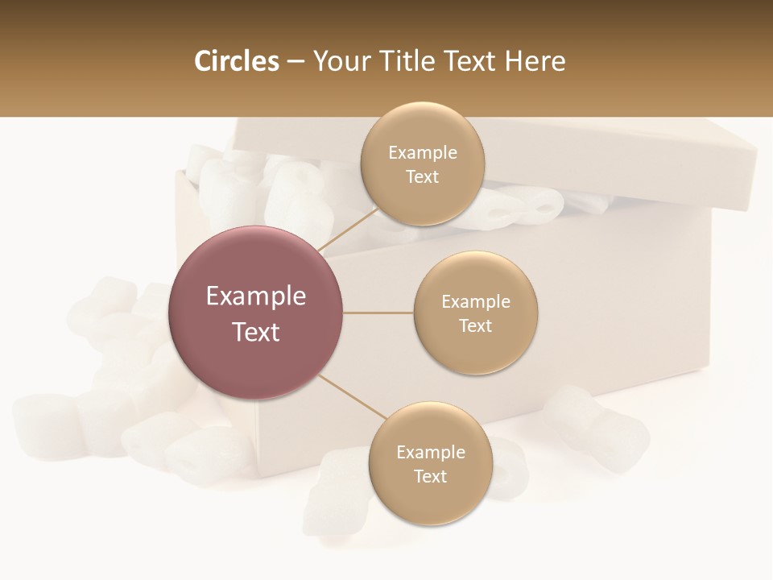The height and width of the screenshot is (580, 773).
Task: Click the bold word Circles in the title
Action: tap(236, 61)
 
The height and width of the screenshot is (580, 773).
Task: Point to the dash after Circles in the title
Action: tap(296, 62)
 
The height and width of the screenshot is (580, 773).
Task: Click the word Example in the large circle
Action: tap(256, 296)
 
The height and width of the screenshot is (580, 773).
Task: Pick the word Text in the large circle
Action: tap(256, 332)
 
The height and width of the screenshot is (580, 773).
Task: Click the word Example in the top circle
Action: tap(423, 153)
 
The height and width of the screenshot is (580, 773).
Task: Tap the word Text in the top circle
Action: tap(423, 176)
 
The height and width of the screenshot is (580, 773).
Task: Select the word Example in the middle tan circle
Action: tap(476, 302)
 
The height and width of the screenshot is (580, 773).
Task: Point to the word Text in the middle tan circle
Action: tap(476, 325)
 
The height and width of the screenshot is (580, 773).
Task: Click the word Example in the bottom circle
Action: tap(431, 453)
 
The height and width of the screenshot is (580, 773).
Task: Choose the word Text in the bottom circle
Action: tap(431, 476)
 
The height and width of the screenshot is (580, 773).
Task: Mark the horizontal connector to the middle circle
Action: tap(378, 313)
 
